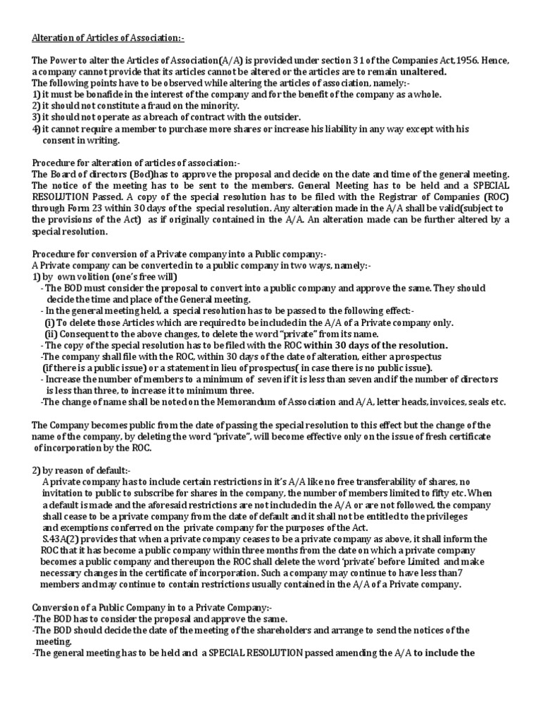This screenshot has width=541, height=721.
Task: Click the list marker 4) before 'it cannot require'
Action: click(x=36, y=129)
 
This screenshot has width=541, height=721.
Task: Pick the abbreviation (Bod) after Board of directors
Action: click(x=145, y=174)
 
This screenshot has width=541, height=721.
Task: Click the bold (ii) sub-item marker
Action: click(x=51, y=334)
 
